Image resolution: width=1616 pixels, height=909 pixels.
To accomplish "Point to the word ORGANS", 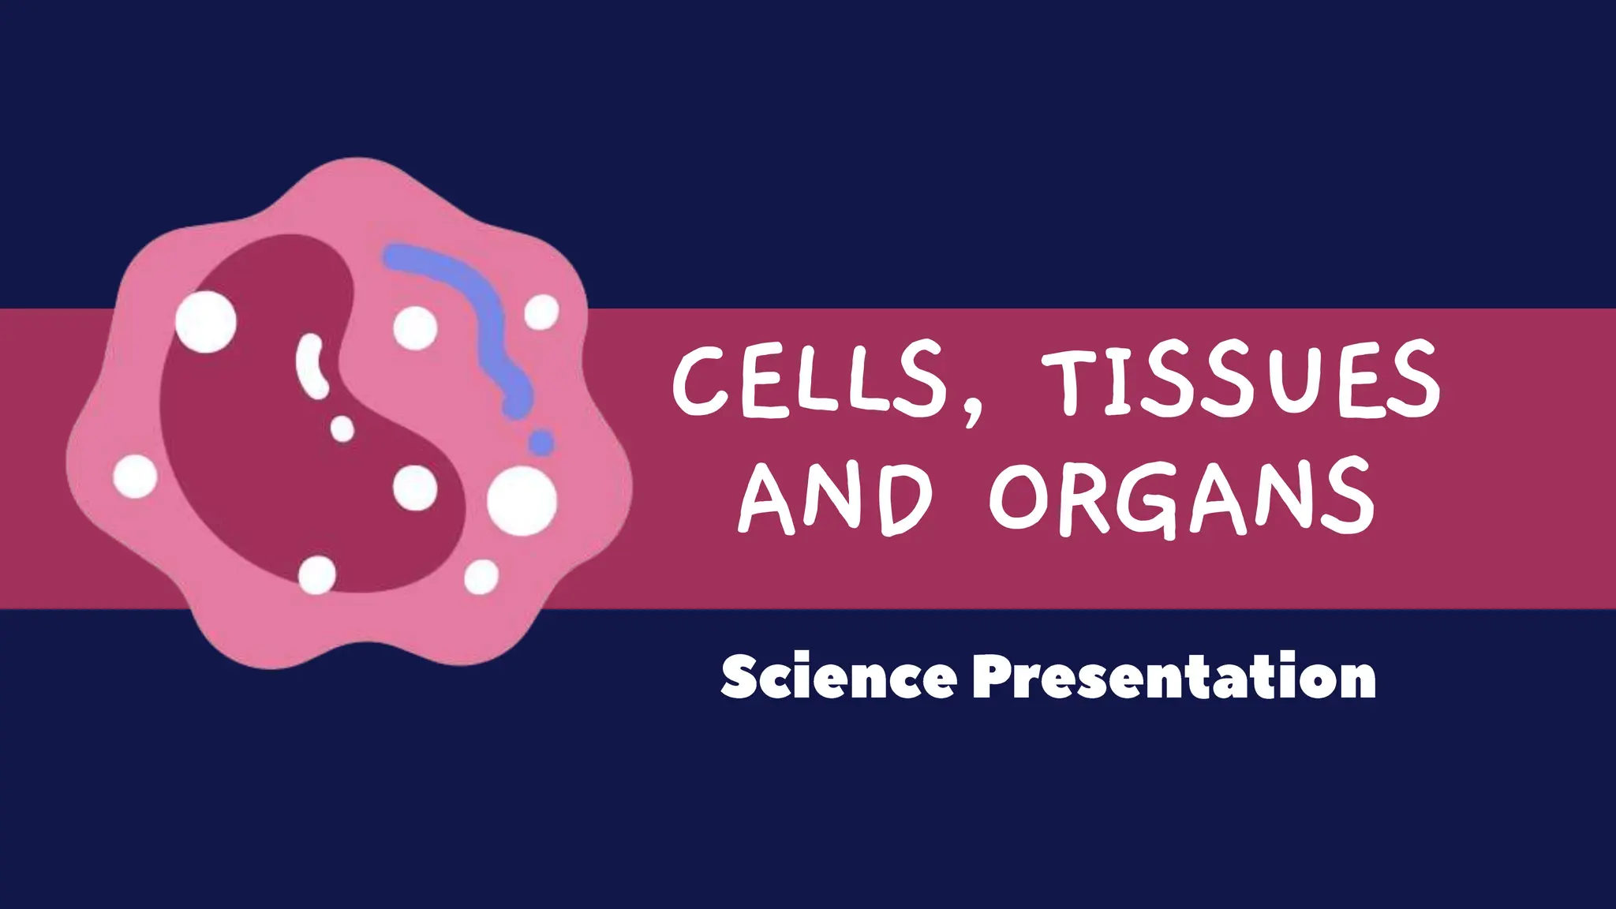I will click(x=1182, y=499).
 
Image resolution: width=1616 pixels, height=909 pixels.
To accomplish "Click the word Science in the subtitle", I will click(x=838, y=677).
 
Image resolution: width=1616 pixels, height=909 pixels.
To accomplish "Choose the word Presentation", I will click(x=1174, y=677).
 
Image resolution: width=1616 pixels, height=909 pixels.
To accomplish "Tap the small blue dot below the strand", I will click(x=541, y=443).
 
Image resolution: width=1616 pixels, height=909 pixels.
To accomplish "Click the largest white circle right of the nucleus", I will click(x=522, y=500).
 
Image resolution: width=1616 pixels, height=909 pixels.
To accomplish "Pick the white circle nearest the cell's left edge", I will click(x=135, y=477).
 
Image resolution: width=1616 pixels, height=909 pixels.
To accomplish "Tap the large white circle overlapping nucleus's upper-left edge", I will click(x=205, y=321).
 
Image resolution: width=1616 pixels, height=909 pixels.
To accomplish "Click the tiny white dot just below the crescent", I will click(x=342, y=429).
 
